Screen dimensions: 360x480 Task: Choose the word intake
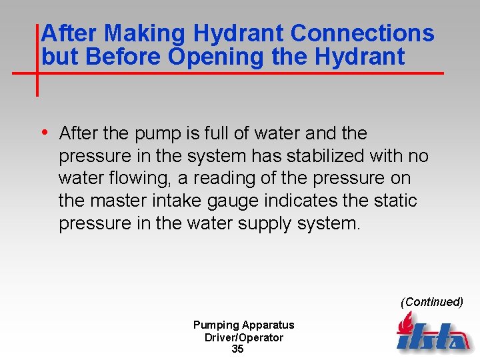point(194,201)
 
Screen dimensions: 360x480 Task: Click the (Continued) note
point(431,302)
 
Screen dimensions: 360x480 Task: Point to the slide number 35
point(238,349)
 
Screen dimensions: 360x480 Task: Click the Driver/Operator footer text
point(244,337)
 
